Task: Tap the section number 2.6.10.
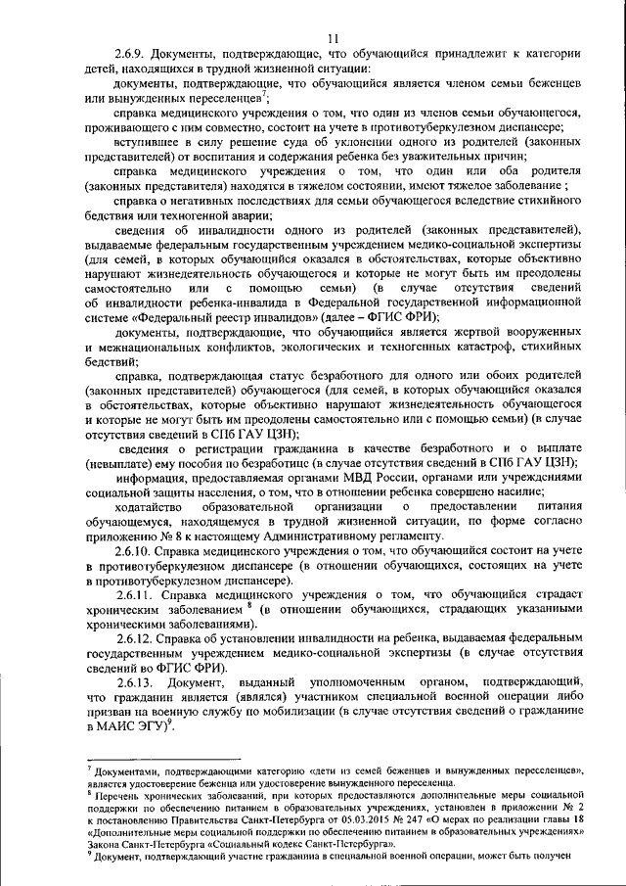pyautogui.click(x=137, y=552)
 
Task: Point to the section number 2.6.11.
pyautogui.click(x=137, y=594)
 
